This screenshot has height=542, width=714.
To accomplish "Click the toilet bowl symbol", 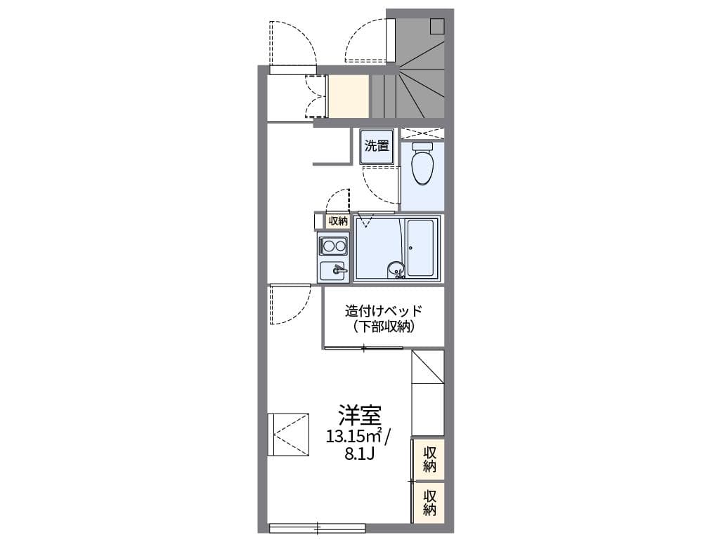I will click(422, 166).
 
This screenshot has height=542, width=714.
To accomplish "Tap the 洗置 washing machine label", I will click(377, 146).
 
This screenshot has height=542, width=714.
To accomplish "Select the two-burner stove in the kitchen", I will click(333, 246).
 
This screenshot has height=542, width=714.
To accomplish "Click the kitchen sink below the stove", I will click(333, 270).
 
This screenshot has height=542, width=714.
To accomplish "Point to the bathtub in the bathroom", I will click(420, 249).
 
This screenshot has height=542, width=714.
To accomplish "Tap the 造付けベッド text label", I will click(384, 311).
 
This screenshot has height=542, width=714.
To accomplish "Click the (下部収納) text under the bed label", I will click(384, 326).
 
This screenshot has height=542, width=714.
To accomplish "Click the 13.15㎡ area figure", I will click(353, 437).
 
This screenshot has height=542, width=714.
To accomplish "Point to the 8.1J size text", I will click(359, 454).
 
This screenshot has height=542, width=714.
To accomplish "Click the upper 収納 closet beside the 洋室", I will click(429, 459).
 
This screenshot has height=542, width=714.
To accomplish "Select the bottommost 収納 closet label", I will click(429, 501).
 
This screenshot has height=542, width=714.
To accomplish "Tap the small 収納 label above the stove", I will click(337, 220).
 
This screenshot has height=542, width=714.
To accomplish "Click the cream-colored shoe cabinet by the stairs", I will click(349, 96).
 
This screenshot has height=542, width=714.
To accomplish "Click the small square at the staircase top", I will click(437, 26).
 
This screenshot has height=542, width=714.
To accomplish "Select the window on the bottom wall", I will click(317, 527).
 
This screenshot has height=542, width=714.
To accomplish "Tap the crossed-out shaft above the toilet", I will click(422, 133).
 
